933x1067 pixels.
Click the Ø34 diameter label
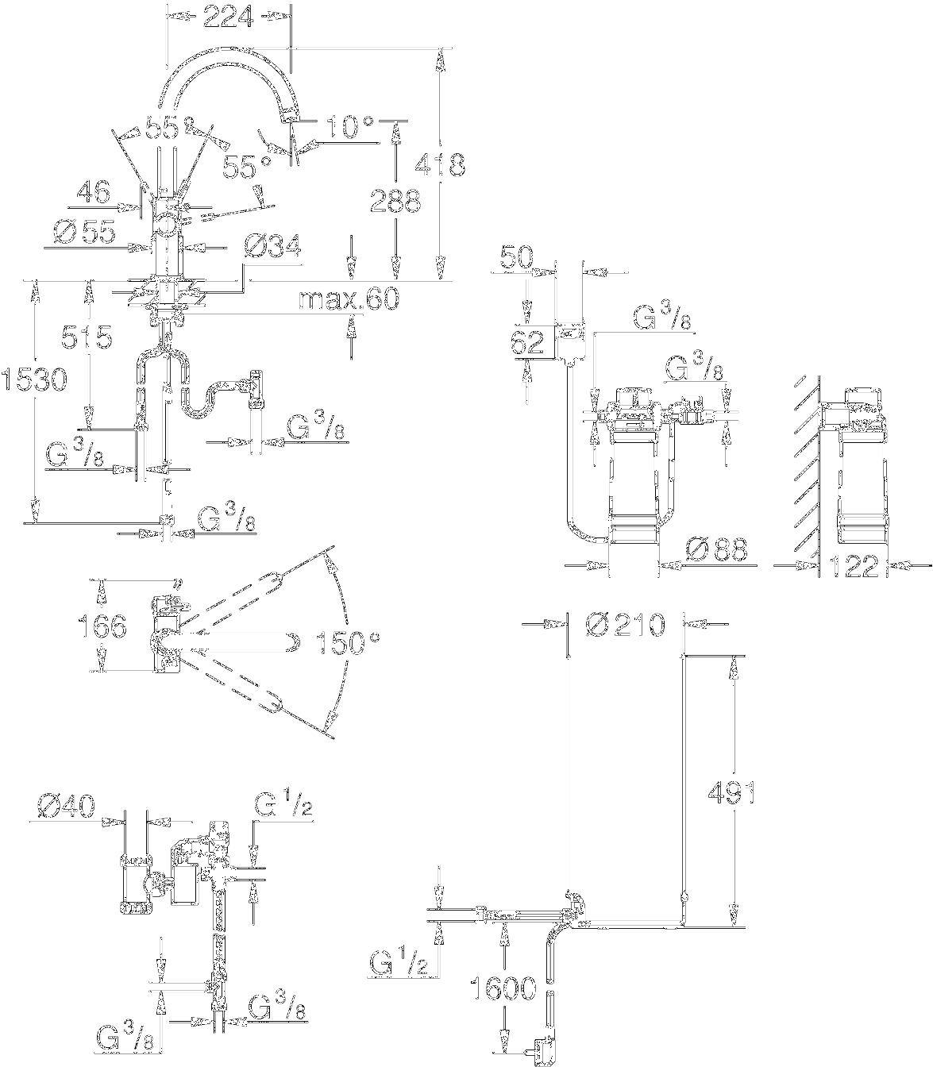(x=272, y=248)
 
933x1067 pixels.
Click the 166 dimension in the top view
(x=102, y=626)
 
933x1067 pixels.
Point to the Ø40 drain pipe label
(x=67, y=807)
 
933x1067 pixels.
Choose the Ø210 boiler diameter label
(x=624, y=625)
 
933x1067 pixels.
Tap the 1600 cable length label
(x=502, y=989)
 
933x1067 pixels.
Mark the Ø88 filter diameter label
(x=714, y=549)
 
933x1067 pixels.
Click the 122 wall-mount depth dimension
(x=853, y=566)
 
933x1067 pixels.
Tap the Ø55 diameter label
(x=84, y=232)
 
